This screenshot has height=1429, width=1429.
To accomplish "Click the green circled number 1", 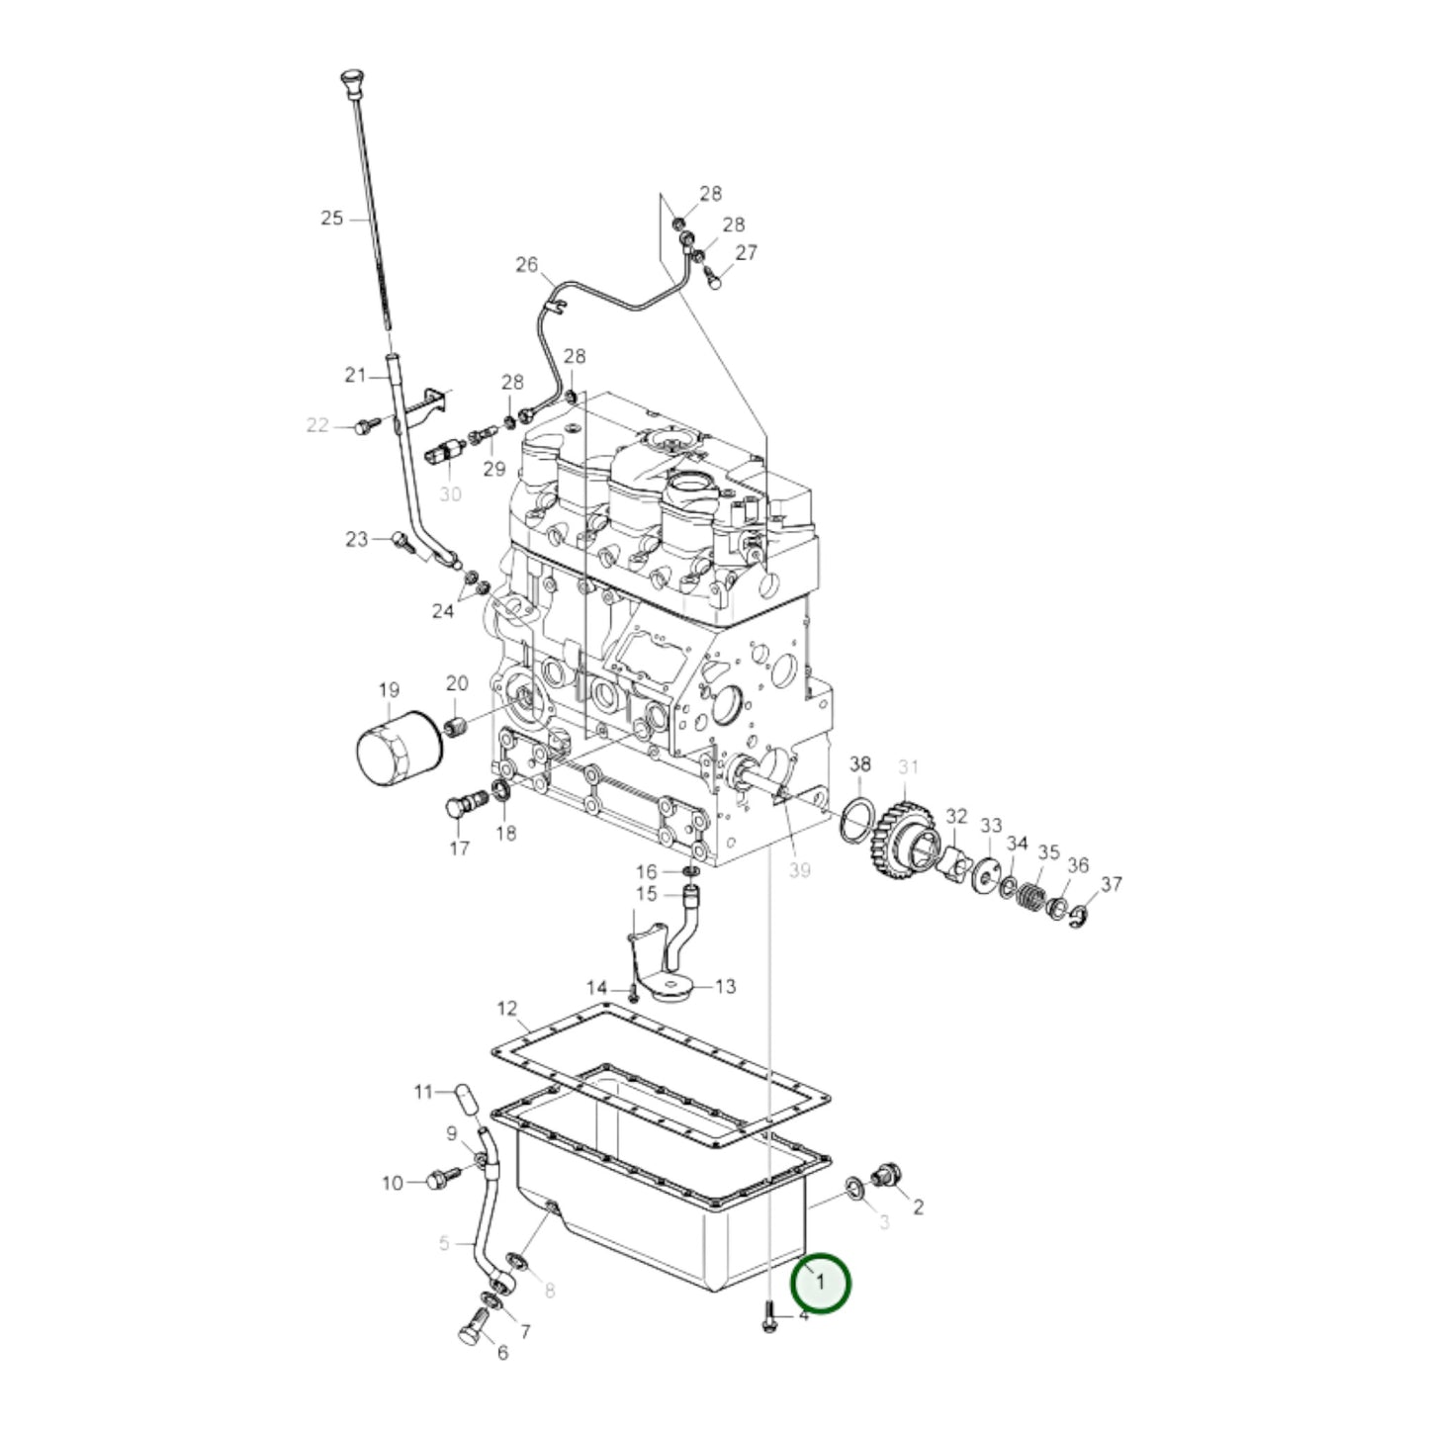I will [x=820, y=1282].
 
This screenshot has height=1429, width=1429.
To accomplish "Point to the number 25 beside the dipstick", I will [x=331, y=218].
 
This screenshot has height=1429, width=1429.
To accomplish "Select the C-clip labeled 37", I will [x=1082, y=919].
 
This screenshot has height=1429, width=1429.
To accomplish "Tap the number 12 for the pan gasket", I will [x=506, y=1009].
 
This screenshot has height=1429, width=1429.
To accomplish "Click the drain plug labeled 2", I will [x=885, y=1175].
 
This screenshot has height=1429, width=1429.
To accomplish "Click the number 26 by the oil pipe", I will [x=527, y=264].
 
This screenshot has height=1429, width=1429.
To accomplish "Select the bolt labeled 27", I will [x=713, y=281].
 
